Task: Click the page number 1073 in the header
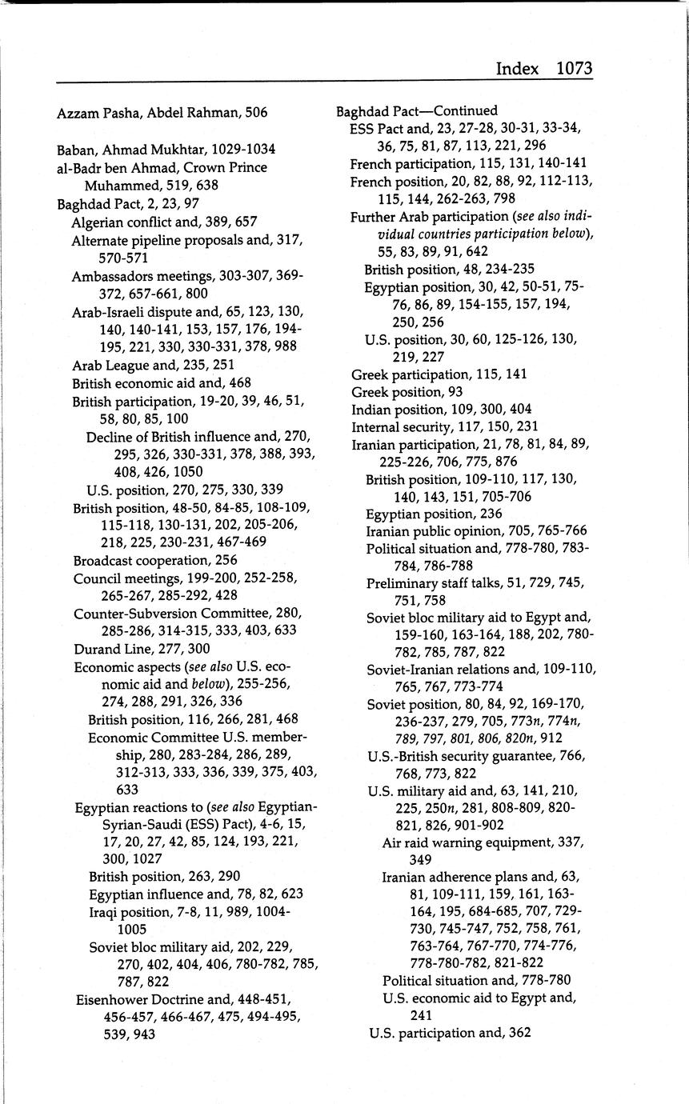[574, 69]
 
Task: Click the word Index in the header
[517, 69]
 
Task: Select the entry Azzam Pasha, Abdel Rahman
[162, 113]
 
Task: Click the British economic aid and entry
[161, 383]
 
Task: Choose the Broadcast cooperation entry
[154, 560]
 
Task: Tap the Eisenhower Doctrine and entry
[182, 999]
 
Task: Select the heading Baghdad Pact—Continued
[416, 110]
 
